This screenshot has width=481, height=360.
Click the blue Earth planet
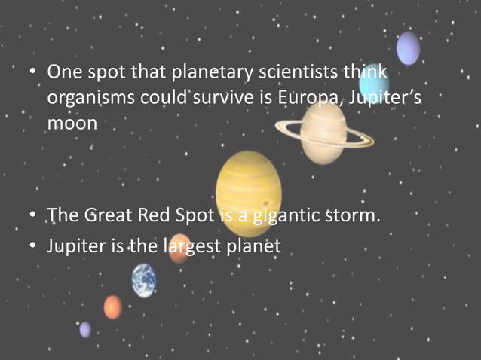click(144, 280)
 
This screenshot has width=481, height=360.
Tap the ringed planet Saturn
click(322, 131)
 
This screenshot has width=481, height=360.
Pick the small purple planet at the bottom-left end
click(85, 329)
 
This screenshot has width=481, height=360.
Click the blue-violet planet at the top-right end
click(408, 48)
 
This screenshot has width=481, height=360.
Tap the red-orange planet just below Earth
click(112, 307)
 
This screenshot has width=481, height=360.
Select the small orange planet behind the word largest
click(179, 249)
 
